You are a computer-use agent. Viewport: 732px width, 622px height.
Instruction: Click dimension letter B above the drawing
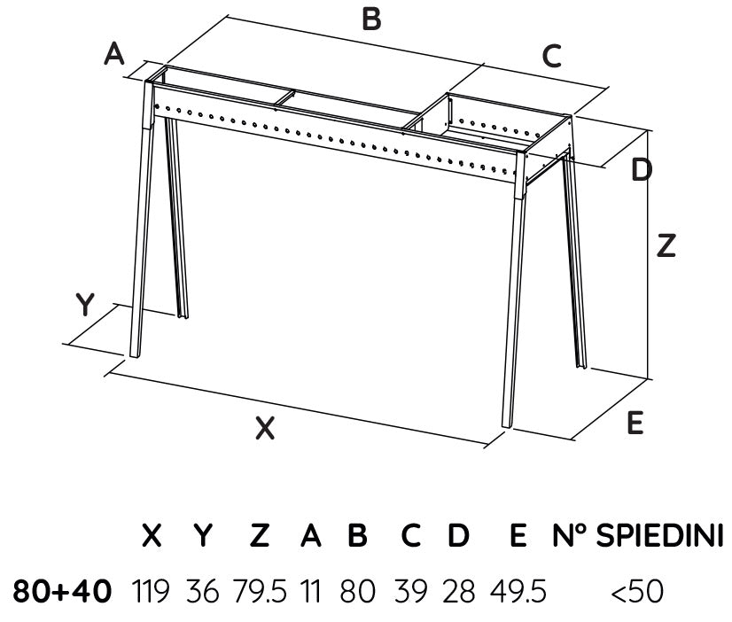pyautogui.click(x=371, y=19)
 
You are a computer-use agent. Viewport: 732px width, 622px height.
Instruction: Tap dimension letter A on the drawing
pyautogui.click(x=114, y=53)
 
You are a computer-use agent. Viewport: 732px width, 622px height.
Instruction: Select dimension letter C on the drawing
pyautogui.click(x=552, y=56)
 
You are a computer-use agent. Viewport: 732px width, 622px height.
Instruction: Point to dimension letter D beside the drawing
pyautogui.click(x=642, y=169)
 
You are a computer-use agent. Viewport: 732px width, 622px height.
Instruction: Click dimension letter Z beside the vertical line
pyautogui.click(x=666, y=246)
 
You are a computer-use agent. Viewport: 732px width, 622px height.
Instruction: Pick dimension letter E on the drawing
pyautogui.click(x=635, y=423)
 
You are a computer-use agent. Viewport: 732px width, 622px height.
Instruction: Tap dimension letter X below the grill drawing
pyautogui.click(x=265, y=428)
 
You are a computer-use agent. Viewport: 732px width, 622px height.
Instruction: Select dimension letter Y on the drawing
pyautogui.click(x=85, y=304)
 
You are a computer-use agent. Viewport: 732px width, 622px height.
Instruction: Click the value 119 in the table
pyautogui.click(x=151, y=591)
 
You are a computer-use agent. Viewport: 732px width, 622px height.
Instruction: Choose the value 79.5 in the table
pyautogui.click(x=260, y=591)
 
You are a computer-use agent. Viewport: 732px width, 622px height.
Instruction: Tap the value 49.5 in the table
pyautogui.click(x=518, y=591)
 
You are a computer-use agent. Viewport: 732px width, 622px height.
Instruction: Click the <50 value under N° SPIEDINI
pyautogui.click(x=637, y=591)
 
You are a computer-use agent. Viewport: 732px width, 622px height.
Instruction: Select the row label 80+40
pyautogui.click(x=63, y=591)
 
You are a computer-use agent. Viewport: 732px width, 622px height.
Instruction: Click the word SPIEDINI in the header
pyautogui.click(x=660, y=535)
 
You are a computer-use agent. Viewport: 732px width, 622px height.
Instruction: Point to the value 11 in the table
pyautogui.click(x=311, y=591)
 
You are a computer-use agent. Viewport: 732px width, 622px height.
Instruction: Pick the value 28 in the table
pyautogui.click(x=458, y=591)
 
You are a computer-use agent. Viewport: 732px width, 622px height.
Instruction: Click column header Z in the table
pyautogui.click(x=260, y=535)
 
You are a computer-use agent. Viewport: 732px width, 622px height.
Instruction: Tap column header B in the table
pyautogui.click(x=357, y=535)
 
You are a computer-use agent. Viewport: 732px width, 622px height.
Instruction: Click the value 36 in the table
pyautogui.click(x=202, y=591)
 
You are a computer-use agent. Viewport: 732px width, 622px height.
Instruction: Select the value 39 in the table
pyautogui.click(x=411, y=591)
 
